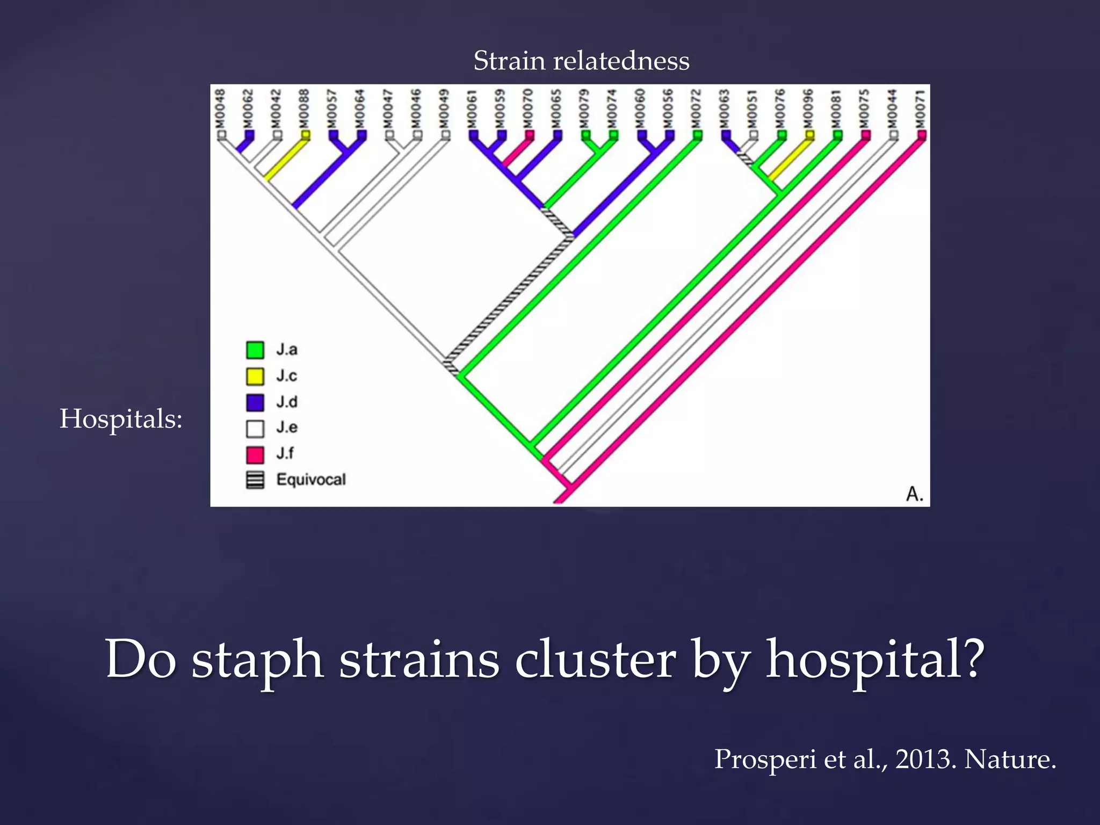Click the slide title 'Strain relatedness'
point(581,60)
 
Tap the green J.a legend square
point(255,350)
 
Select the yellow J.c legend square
point(255,377)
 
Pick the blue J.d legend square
point(255,402)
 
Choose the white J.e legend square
point(255,429)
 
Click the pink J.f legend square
point(255,454)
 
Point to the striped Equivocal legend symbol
point(255,480)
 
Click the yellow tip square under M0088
point(305,135)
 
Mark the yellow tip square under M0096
point(809,135)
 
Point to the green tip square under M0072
point(697,135)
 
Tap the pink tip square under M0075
point(865,135)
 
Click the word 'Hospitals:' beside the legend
point(121,418)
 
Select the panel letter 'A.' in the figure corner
point(914,494)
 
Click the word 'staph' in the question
point(257,660)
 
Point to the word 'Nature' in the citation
point(1009,759)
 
